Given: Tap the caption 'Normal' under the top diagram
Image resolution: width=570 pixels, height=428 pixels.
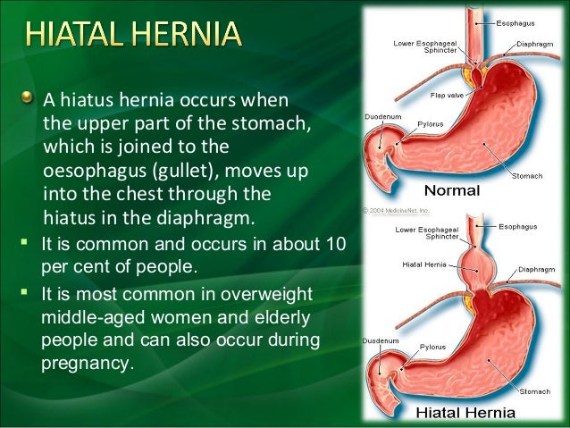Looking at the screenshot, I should click(451, 190).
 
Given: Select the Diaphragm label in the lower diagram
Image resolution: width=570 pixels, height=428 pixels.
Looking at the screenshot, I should click(536, 268).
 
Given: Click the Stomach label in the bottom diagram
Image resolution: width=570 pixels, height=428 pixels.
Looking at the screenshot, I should click(536, 390).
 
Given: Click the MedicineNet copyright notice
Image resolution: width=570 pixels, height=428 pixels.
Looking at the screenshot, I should click(395, 211).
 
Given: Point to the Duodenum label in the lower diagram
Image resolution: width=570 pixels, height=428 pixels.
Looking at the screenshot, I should click(379, 340).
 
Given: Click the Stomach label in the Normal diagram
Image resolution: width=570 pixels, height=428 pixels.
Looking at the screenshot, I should click(527, 176).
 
